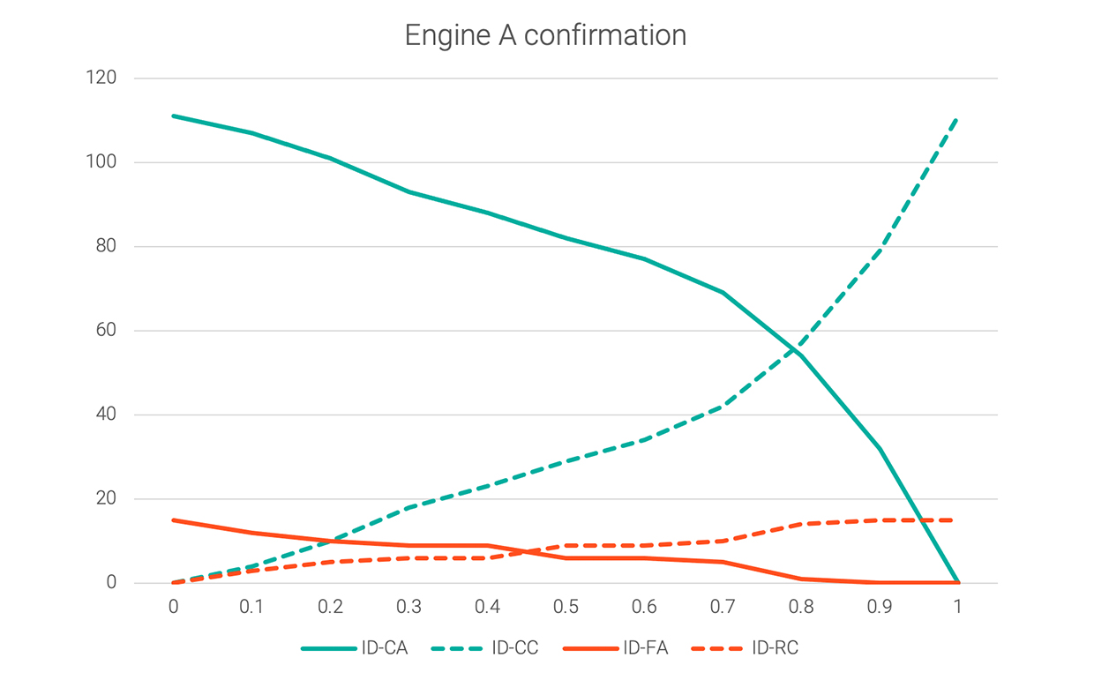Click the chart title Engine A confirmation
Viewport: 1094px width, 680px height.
[x=545, y=35]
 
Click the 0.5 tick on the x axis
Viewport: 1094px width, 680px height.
[x=566, y=607]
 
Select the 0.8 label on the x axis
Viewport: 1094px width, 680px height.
[x=801, y=607]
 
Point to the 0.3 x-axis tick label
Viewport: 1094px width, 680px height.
[x=408, y=607]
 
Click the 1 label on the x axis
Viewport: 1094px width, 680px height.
[x=958, y=607]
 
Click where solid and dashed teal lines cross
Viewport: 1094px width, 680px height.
[x=798, y=347]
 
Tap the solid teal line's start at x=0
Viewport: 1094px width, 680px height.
[x=173, y=116]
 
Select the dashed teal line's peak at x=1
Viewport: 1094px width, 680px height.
[x=958, y=117]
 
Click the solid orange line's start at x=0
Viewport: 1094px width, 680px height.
[x=173, y=519]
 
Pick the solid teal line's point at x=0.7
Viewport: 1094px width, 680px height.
[x=723, y=292]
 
